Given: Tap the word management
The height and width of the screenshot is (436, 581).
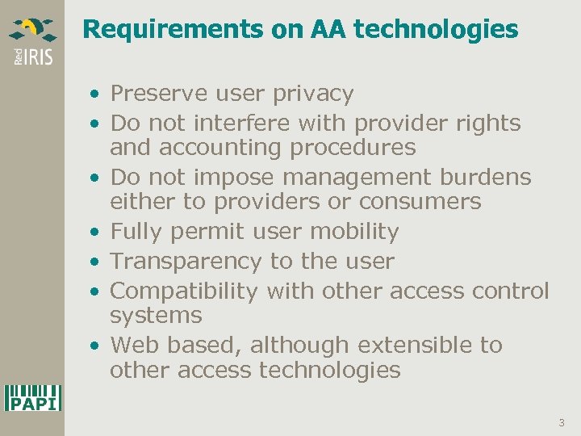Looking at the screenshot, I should [354, 177].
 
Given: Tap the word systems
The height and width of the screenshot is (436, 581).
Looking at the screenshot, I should [156, 315].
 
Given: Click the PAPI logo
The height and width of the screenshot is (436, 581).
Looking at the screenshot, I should [32, 398].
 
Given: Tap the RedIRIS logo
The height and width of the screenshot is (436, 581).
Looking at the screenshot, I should [32, 40].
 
